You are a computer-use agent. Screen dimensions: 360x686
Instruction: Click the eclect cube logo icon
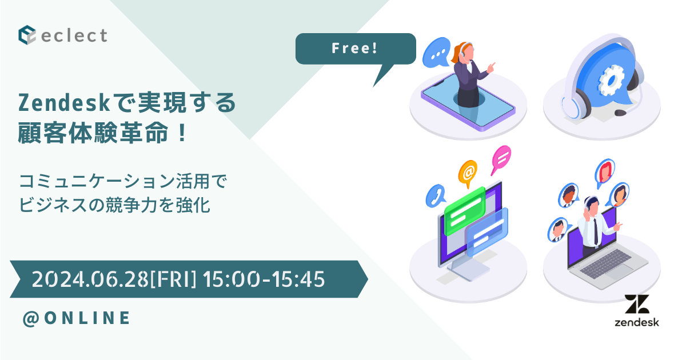[27, 34]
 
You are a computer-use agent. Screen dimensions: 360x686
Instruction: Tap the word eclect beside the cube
[74, 35]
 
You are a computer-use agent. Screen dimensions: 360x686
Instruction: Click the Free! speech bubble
[354, 49]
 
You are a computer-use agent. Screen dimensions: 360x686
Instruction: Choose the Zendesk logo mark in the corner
[636, 305]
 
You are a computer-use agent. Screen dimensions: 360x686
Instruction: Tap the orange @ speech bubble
[468, 170]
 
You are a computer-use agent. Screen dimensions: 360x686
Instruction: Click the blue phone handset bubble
[436, 196]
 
